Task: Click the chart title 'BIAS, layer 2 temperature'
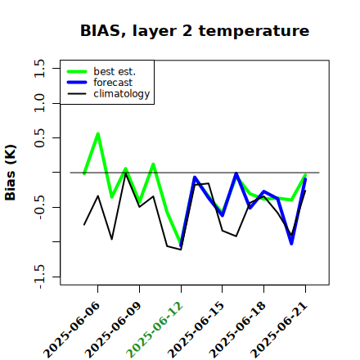[195, 31]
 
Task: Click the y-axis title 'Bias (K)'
[11, 173]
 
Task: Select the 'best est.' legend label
[115, 71]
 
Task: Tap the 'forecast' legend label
[113, 83]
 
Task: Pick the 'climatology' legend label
[122, 94]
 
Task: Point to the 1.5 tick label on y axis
[39, 68]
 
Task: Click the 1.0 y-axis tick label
[39, 103]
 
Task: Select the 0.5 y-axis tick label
[39, 138]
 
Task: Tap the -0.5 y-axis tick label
[39, 207]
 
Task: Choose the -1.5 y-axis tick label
[39, 277]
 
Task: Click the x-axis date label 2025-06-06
[72, 330]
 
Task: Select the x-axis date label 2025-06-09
[113, 330]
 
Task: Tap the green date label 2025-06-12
[155, 330]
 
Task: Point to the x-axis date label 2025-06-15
[196, 330]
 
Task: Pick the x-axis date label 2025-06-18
[237, 330]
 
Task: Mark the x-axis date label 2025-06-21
[279, 330]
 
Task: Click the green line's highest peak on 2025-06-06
[98, 133]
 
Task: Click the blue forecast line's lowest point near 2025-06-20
[291, 244]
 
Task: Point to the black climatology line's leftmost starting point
[84, 225]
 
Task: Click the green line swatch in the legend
[77, 71]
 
